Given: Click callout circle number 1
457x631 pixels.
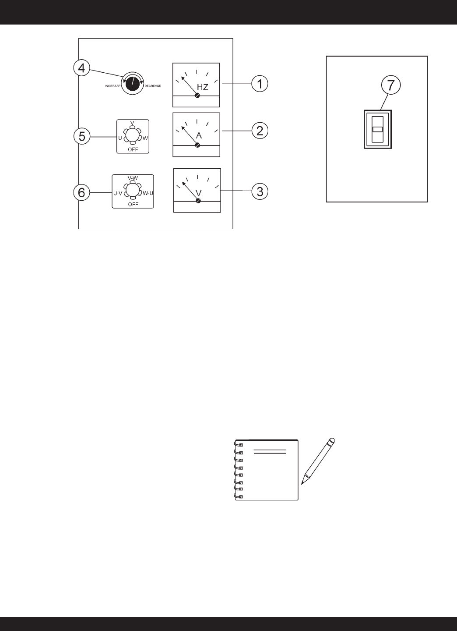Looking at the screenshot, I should (260, 84).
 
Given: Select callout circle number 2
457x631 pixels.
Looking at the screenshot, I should (260, 131).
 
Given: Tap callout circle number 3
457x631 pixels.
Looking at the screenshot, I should (260, 191).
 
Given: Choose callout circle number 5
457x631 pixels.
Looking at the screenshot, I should (81, 136).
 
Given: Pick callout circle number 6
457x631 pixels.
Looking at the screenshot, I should (81, 192).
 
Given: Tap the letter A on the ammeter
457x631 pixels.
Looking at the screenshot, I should (199, 135).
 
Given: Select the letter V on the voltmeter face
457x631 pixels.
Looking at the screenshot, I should (198, 193).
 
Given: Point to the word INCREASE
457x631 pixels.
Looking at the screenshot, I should (112, 86).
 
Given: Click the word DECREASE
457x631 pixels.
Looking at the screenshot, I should (153, 86).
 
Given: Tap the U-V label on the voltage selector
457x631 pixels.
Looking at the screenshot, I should (118, 193).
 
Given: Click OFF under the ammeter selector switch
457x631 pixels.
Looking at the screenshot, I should (133, 149).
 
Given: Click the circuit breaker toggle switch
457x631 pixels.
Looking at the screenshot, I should (377, 129).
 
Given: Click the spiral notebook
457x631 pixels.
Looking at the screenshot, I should (267, 470).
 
